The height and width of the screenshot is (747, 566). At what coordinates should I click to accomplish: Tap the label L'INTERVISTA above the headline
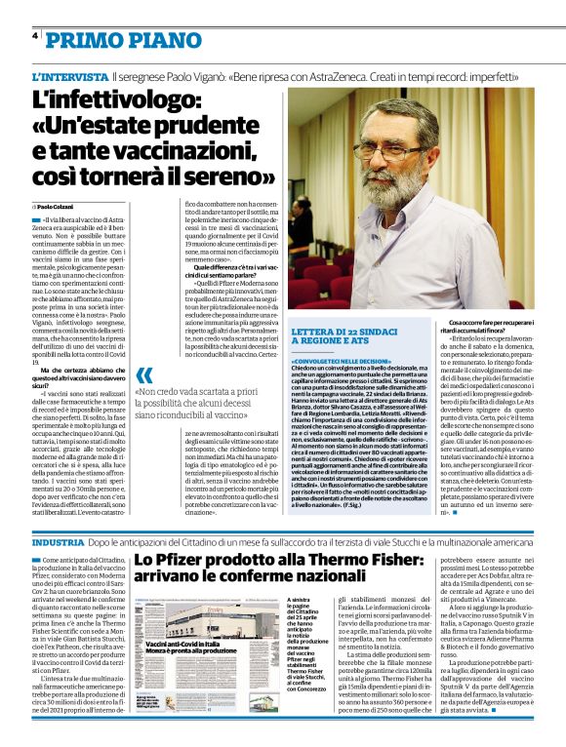click(69, 75)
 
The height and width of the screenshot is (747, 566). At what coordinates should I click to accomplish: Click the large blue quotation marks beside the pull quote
click(145, 375)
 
